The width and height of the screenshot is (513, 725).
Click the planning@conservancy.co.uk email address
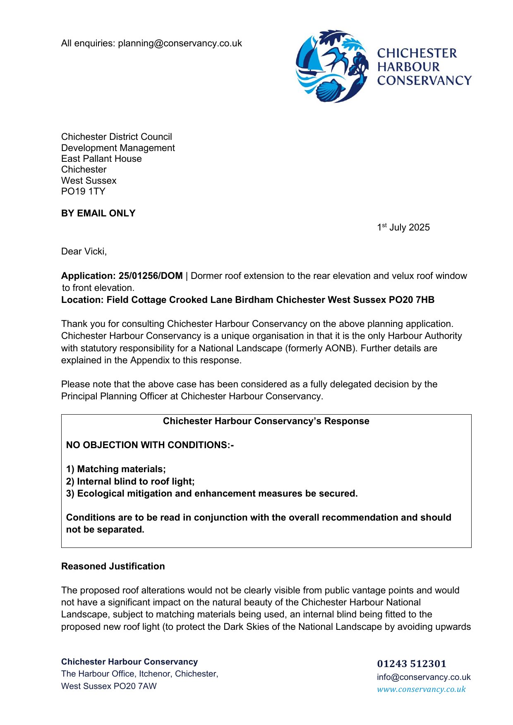pyautogui.click(x=180, y=43)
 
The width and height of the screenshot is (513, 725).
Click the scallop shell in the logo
pyautogui.click(x=331, y=90)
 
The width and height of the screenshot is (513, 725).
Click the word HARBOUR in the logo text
pyautogui.click(x=408, y=67)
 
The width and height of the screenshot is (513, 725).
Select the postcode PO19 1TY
pyautogui.click(x=83, y=192)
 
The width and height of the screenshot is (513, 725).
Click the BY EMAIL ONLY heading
pyautogui.click(x=98, y=214)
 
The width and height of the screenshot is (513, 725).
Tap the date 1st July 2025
pyautogui.click(x=403, y=228)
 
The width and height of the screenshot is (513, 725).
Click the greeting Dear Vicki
pyautogui.click(x=84, y=252)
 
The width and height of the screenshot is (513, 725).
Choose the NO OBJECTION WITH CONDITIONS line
pyautogui.click(x=150, y=445)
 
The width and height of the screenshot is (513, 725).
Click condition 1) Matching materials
pyautogui.click(x=116, y=469)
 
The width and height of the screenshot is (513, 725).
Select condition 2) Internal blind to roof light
pyautogui.click(x=130, y=482)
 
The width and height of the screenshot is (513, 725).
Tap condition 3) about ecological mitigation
pyautogui.click(x=212, y=494)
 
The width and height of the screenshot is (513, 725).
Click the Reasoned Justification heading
pyautogui.click(x=113, y=567)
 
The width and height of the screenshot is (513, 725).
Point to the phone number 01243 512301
pyautogui.click(x=412, y=664)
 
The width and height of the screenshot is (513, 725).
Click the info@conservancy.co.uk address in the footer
pyautogui.click(x=424, y=677)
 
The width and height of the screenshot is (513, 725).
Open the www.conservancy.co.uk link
pyautogui.click(x=421, y=689)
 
